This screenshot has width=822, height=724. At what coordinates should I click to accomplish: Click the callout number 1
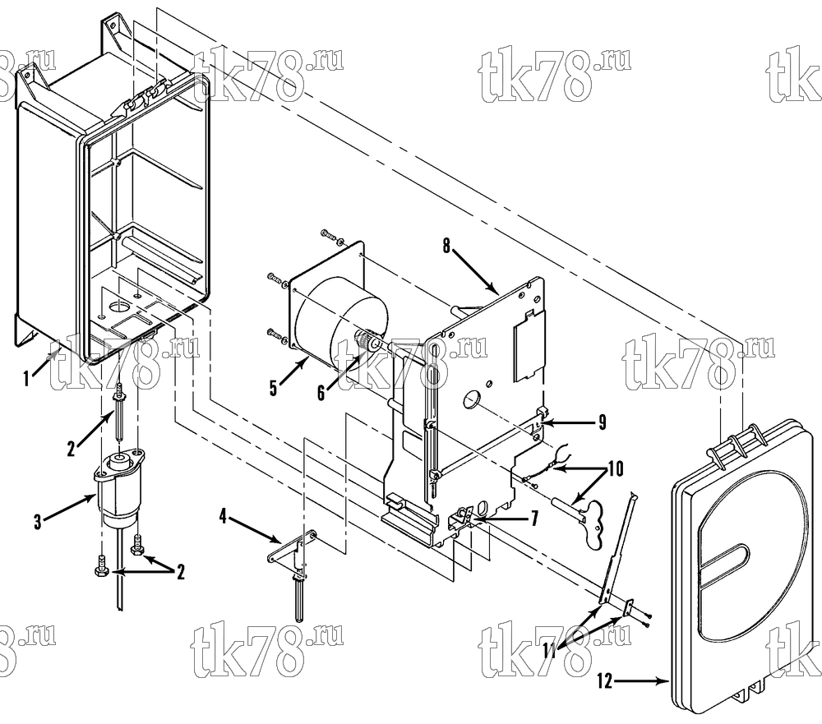(26, 378)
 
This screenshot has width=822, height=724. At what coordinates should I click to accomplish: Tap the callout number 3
(37, 522)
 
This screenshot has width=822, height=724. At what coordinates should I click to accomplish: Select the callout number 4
(223, 517)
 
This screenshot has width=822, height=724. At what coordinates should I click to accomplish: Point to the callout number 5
(273, 389)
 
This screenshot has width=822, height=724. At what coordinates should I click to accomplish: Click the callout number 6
(321, 392)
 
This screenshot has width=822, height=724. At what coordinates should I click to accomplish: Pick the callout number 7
(534, 519)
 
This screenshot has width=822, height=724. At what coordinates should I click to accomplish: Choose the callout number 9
(602, 422)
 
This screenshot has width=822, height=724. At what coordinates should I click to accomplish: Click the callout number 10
(616, 468)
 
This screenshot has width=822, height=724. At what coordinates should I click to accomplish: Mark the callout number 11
(549, 651)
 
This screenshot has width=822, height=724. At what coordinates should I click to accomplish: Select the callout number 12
(604, 681)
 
